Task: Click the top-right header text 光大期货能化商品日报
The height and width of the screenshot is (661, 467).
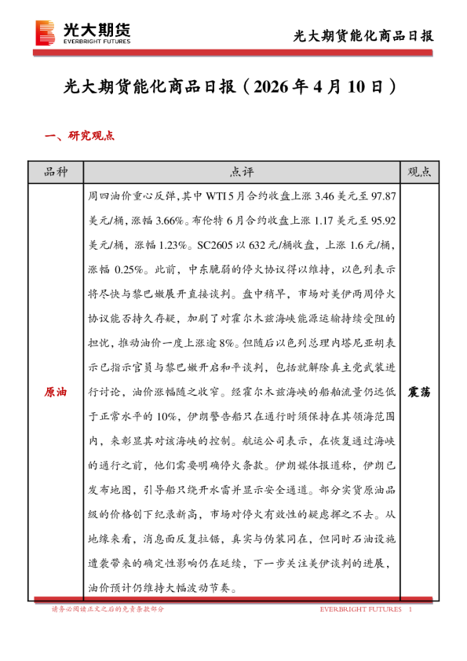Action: point(363,35)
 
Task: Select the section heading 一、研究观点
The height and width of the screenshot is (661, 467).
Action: point(80,136)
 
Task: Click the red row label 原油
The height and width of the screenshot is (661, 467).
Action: point(55,391)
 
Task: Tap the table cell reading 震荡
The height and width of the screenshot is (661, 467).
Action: point(420,391)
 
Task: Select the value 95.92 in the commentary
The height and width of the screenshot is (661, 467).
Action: point(385,214)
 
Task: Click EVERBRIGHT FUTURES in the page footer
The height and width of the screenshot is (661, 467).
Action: point(360,609)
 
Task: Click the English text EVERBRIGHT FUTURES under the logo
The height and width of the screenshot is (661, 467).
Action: point(97,40)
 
